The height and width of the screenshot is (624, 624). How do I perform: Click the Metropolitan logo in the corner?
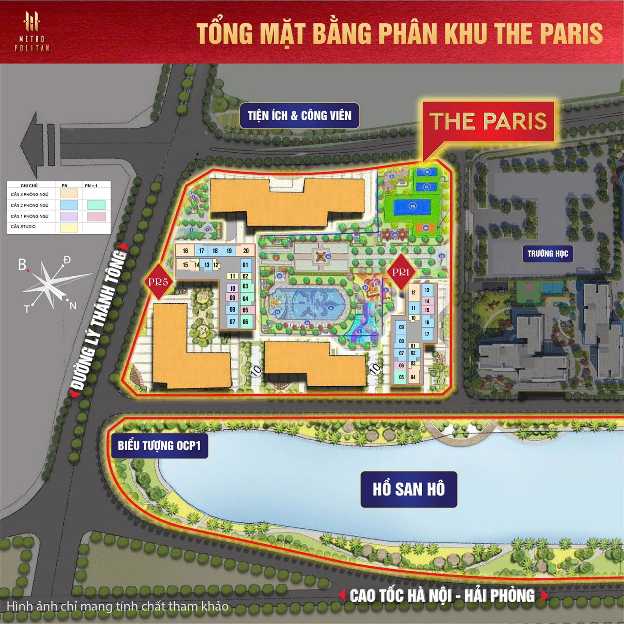point(32,32)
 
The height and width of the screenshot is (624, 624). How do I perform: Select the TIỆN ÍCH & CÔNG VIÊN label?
point(300,115)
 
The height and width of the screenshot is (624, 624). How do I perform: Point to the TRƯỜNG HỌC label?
point(547,253)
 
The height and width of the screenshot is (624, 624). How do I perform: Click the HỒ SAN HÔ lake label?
point(409,489)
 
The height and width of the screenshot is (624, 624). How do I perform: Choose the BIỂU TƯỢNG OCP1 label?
point(159,446)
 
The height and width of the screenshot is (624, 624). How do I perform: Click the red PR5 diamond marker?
point(158,282)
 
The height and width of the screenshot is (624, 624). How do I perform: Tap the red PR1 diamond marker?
point(401,272)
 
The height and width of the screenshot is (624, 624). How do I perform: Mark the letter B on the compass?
point(22,265)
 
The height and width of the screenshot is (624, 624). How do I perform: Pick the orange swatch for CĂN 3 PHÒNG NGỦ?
point(69,193)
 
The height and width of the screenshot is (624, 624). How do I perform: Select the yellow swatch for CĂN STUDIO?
point(69,228)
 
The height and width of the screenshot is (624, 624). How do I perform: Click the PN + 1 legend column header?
point(91,186)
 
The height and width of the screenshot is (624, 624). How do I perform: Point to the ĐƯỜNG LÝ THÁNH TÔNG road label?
point(99,320)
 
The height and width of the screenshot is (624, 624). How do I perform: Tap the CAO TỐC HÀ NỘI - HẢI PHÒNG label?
point(442,596)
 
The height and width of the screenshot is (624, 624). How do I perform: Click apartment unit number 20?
point(246,251)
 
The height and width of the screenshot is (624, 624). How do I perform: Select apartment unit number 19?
point(229,251)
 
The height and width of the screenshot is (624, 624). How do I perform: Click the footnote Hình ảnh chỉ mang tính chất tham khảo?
point(118,606)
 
